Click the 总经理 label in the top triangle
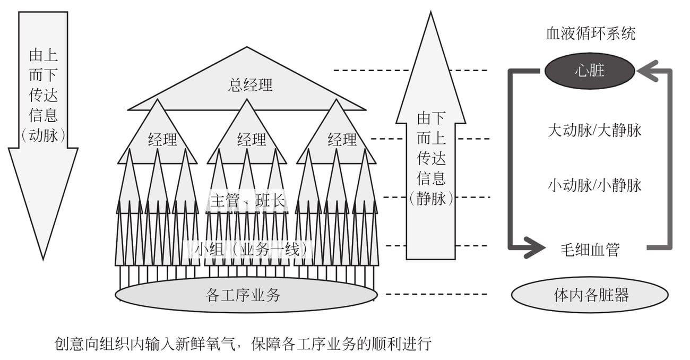[x=250, y=85]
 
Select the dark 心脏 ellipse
[x=590, y=71]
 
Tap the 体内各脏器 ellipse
[x=590, y=295]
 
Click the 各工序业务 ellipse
[x=246, y=295]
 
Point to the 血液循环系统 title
[x=591, y=33]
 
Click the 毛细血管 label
[x=590, y=250]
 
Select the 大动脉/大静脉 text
[x=594, y=130]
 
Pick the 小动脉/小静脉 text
[x=594, y=185]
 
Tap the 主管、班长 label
[x=248, y=201]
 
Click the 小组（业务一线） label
[x=251, y=250]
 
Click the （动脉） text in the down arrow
[x=43, y=135]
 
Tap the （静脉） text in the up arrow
[x=431, y=198]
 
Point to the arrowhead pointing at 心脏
[x=647, y=71]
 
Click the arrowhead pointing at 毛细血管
[x=535, y=247]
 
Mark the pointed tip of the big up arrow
[x=430, y=12]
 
